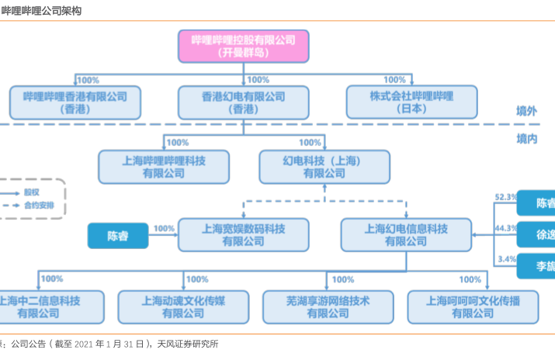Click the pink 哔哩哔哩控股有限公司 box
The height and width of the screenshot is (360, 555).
click(243, 46)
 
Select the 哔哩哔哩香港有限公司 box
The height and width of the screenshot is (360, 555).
click(75, 102)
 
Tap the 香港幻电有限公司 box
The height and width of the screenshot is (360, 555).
click(243, 102)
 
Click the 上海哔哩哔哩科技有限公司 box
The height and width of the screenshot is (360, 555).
click(163, 165)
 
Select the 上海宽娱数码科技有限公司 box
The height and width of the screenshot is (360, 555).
click(243, 234)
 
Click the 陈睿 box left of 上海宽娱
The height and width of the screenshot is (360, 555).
click(116, 235)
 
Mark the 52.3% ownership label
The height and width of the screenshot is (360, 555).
click(505, 197)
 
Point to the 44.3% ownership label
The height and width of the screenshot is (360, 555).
click(505, 228)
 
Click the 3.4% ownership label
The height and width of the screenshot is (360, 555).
click(507, 258)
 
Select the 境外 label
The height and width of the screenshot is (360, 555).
click(527, 112)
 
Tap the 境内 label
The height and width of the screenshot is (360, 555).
click(527, 138)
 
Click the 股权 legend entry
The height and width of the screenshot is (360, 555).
click(31, 191)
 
